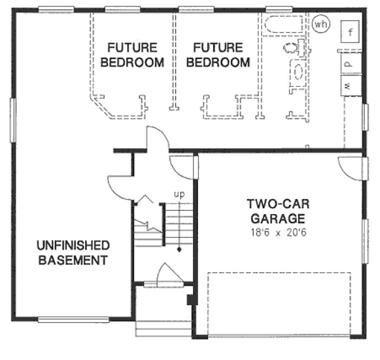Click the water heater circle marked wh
(x=321, y=24)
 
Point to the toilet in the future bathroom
(x=292, y=48)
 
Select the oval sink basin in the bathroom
(x=298, y=70)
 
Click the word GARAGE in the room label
(x=275, y=220)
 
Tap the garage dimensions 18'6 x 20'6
(x=275, y=234)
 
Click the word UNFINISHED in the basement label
(x=73, y=246)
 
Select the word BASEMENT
(x=73, y=260)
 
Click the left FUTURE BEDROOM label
(x=133, y=55)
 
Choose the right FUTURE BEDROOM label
(x=218, y=55)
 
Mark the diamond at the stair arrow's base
(x=178, y=250)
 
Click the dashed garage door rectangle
(x=280, y=304)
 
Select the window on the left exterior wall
(x=12, y=120)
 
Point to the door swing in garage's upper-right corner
(x=350, y=168)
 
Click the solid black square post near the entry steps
(x=189, y=300)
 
